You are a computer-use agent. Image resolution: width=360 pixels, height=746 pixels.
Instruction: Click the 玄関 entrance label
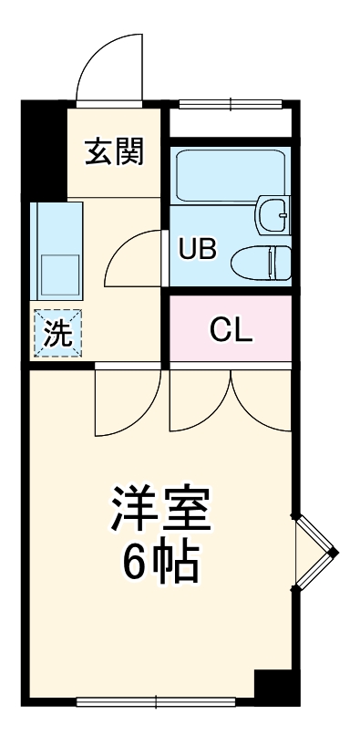pyautogui.click(x=114, y=151)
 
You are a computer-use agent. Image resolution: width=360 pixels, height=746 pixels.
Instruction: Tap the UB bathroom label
pyautogui.click(x=198, y=248)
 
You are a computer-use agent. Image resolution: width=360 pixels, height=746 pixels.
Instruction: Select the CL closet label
pyautogui.click(x=231, y=330)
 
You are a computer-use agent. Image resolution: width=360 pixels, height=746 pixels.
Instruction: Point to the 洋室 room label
pyautogui.click(x=160, y=508)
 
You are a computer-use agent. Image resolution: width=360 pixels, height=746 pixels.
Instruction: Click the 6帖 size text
pyautogui.click(x=160, y=563)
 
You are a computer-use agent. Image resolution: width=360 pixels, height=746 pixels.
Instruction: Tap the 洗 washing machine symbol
pyautogui.click(x=57, y=333)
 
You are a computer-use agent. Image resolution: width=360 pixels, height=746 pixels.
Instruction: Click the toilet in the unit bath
pyautogui.click(x=261, y=263)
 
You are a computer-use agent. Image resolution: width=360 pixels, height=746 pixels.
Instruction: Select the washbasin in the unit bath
pyautogui.click(x=273, y=215)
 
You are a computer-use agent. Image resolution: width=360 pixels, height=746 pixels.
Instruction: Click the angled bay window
pyautogui.click(x=315, y=553)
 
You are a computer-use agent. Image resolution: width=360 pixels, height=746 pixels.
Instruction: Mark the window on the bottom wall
pyautogui.click(x=156, y=701)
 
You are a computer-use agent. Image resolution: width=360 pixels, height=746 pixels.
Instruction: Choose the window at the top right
pyautogui.click(x=231, y=104)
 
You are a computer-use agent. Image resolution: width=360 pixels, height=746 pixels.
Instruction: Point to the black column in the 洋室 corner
pyautogui.click(x=277, y=687)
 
